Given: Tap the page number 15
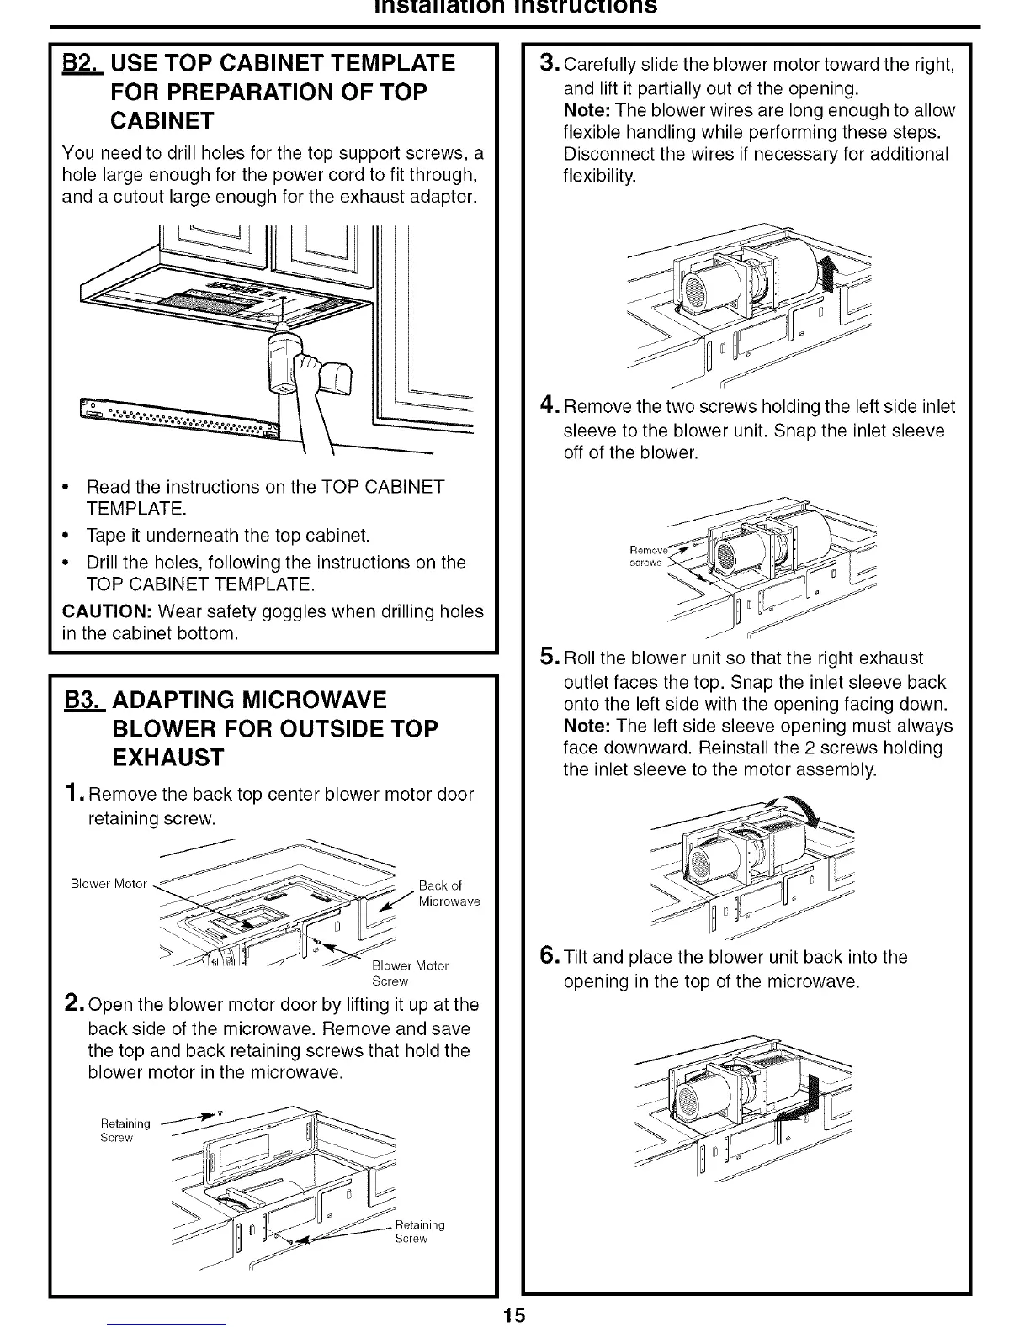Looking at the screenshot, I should point(514,1315).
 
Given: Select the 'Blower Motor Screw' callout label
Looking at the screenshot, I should point(411,973).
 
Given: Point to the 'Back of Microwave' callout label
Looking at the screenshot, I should point(449,893).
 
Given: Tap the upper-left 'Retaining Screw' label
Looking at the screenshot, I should point(125,1130).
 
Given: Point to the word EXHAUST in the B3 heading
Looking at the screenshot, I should point(167,758).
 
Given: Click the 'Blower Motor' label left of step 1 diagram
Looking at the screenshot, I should point(109,884).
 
